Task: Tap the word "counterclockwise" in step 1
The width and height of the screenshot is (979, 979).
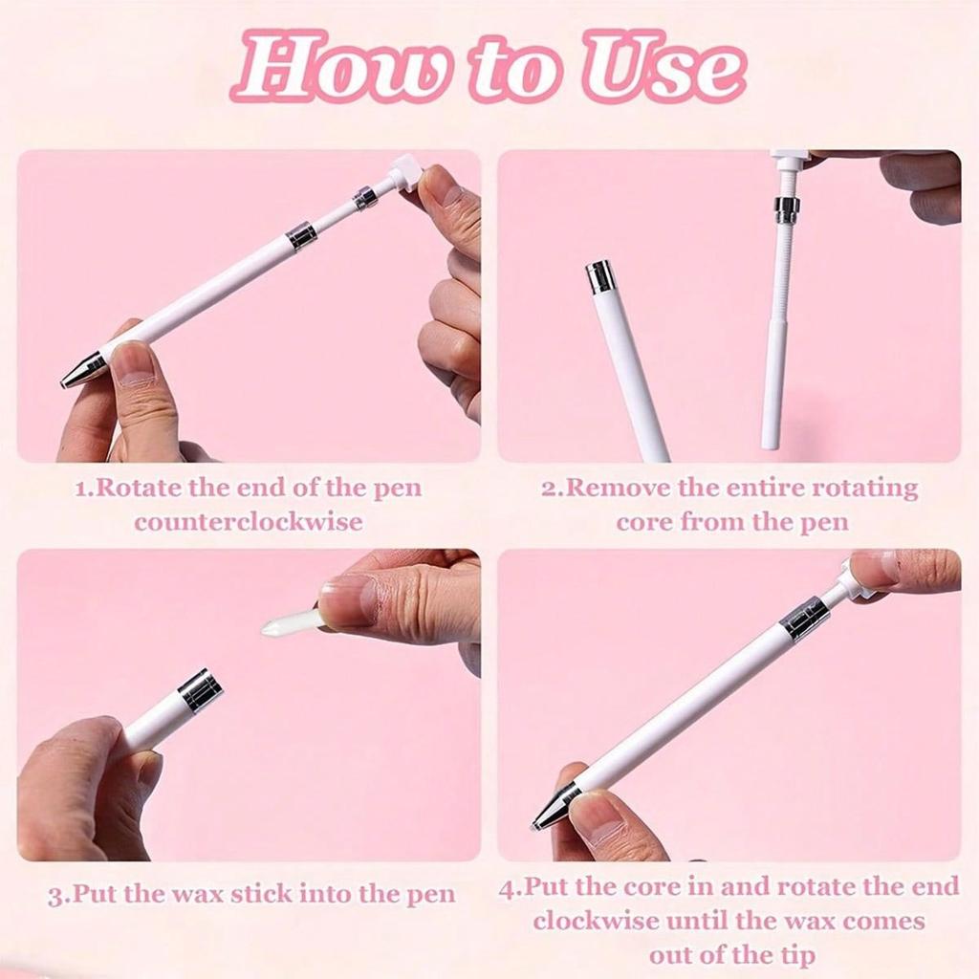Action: pyautogui.click(x=249, y=522)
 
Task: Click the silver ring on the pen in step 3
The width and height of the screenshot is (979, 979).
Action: pyautogui.click(x=201, y=690)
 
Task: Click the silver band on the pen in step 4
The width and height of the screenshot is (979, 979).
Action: pyautogui.click(x=805, y=619)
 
